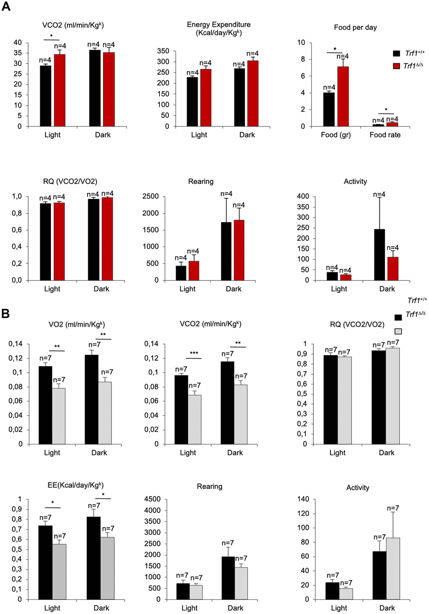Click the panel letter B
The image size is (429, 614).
[5, 313]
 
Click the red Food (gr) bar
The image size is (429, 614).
[343, 96]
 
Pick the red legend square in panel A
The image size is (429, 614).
[396, 66]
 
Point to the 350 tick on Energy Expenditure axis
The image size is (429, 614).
[163, 51]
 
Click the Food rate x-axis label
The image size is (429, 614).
[385, 135]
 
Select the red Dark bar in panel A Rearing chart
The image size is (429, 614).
[239, 250]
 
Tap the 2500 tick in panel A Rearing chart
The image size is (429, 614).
[151, 196]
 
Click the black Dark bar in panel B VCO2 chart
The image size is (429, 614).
[228, 402]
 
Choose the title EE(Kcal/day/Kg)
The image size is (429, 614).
[76, 485]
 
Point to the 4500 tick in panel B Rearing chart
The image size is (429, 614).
[152, 499]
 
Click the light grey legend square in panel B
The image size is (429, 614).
[398, 331]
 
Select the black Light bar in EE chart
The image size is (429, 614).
[45, 562]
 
